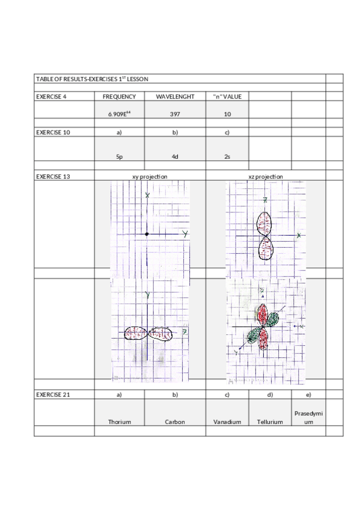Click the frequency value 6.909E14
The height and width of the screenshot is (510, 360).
[x=119, y=114]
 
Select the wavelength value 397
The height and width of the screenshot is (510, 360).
[x=175, y=114]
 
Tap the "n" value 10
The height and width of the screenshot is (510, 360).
[x=227, y=114]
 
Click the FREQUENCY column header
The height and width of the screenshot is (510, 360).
[x=119, y=97]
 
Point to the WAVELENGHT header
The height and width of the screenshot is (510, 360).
[x=175, y=97]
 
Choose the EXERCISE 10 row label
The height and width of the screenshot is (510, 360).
[x=53, y=132]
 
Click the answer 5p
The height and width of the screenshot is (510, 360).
[x=120, y=157]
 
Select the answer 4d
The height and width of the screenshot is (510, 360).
[x=175, y=157]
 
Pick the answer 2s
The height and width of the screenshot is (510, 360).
[x=227, y=157]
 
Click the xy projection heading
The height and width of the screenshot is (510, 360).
[x=150, y=177]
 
